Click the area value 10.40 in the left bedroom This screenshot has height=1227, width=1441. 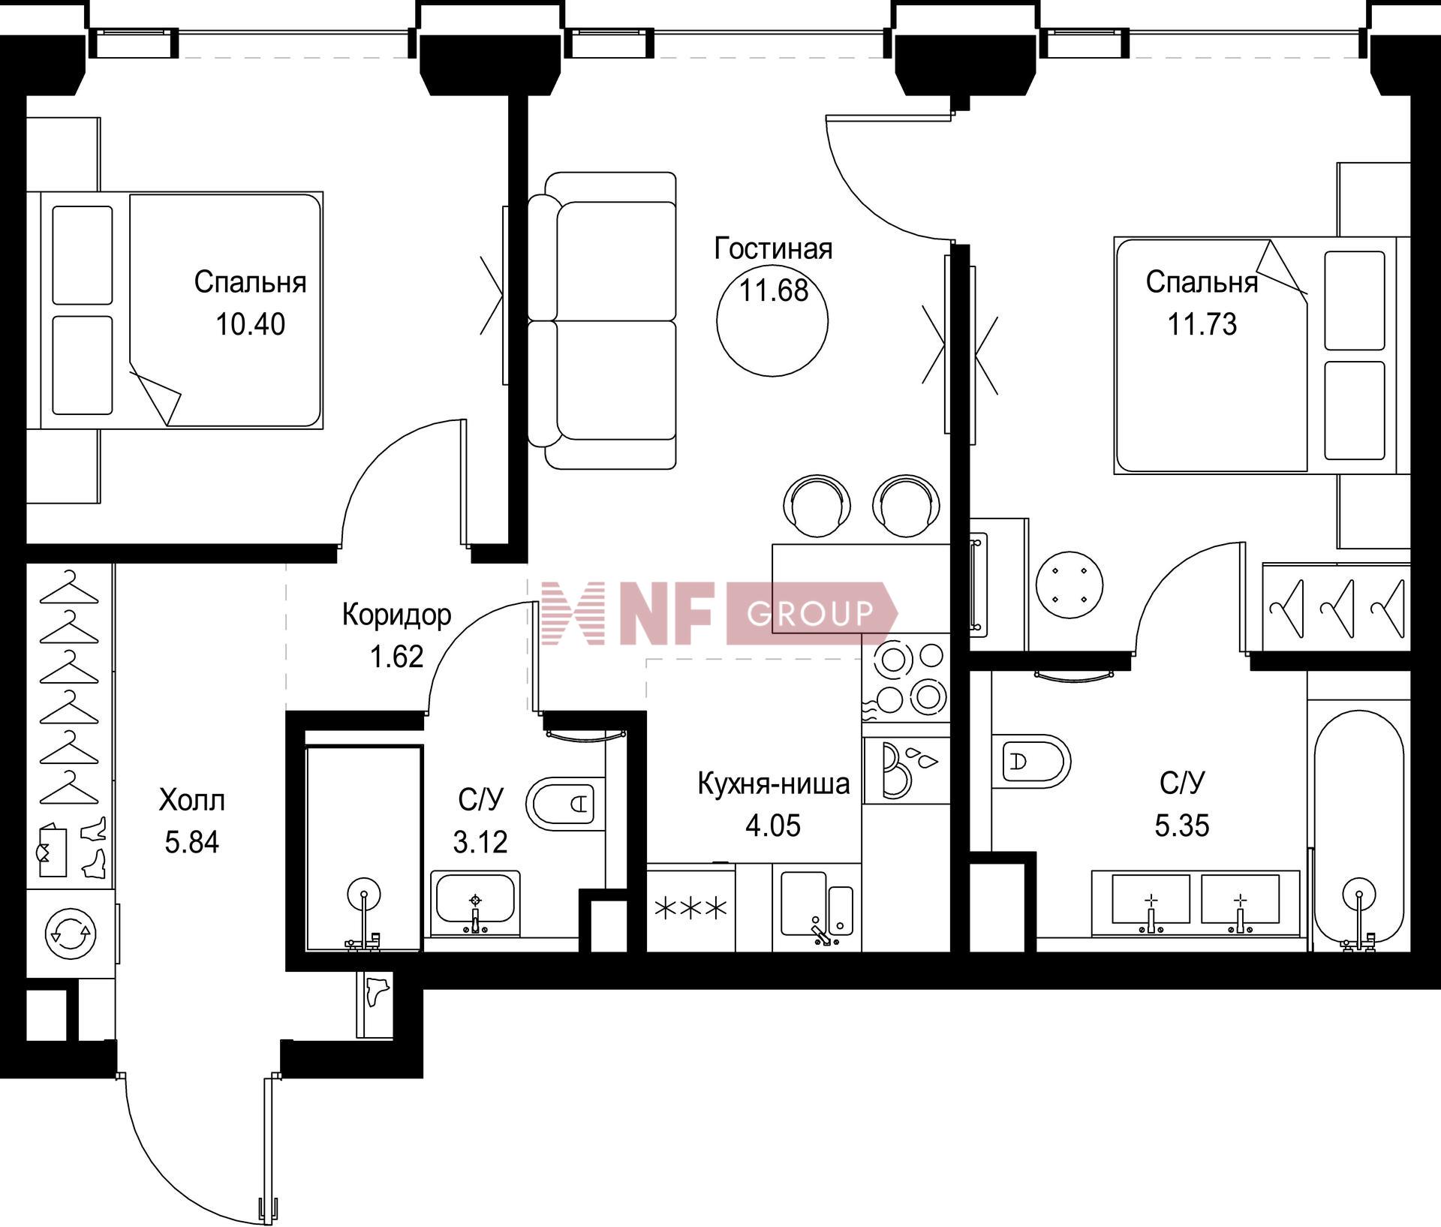click(250, 324)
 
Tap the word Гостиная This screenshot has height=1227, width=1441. click(773, 248)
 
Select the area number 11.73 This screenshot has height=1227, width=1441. click(1202, 324)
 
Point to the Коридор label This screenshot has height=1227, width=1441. click(396, 615)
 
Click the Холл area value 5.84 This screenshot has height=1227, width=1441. click(192, 842)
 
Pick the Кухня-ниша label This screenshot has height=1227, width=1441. click(774, 783)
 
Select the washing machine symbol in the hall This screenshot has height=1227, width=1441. click(70, 934)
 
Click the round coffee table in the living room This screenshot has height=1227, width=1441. click(772, 321)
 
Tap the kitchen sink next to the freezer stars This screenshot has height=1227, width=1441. click(817, 907)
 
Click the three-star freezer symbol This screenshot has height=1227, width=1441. click(691, 909)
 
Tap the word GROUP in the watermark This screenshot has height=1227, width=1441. click(811, 613)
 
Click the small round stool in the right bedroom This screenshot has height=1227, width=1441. click(1069, 585)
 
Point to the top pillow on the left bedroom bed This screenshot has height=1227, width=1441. click(83, 255)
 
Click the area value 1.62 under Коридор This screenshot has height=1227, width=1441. click(396, 657)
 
